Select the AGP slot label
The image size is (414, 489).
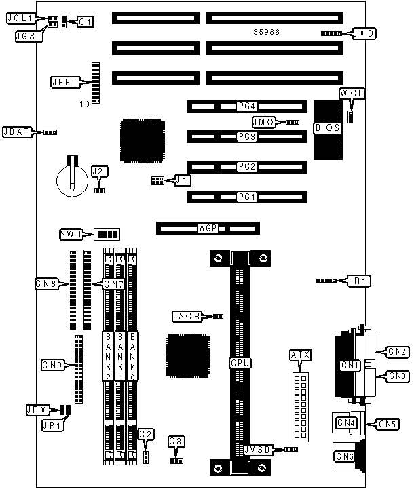click(x=207, y=229)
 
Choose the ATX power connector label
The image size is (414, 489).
click(x=299, y=355)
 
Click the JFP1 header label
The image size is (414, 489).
click(x=64, y=82)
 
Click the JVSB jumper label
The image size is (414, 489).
click(x=259, y=449)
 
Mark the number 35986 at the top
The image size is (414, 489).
click(x=267, y=32)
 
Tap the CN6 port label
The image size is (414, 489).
click(x=344, y=457)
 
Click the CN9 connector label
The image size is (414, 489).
click(x=52, y=366)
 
